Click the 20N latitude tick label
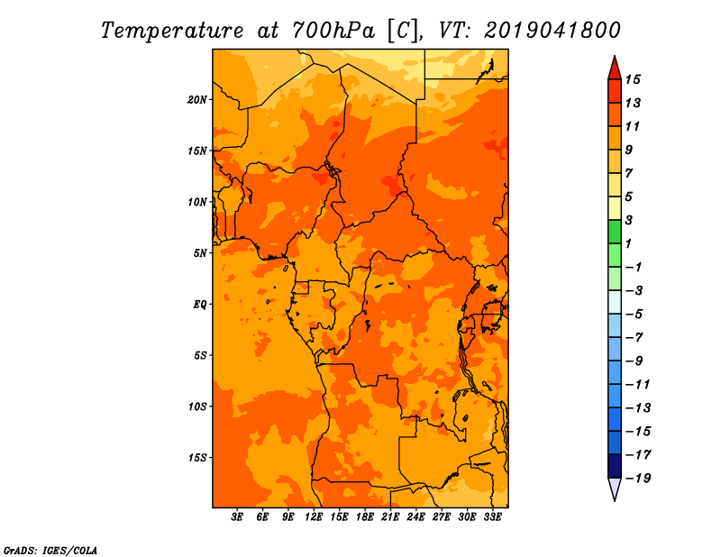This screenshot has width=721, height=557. tap(197, 100)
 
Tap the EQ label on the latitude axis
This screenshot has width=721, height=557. tap(200, 305)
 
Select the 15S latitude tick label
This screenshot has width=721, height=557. tap(197, 458)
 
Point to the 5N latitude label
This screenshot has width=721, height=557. tap(200, 253)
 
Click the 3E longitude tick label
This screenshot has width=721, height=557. tap(237, 516)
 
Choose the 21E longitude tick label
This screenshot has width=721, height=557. tap(390, 516)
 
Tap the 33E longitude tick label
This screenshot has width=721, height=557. tap(492, 516)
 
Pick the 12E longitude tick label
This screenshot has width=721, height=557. tap(314, 516)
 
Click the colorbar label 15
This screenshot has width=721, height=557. tap(633, 79)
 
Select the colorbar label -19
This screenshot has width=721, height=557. tap(638, 479)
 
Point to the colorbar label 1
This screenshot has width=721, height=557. tap(628, 243)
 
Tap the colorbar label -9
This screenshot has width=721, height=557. tap(634, 361)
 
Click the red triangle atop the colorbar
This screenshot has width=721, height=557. tap(615, 69)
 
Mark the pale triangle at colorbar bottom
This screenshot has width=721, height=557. tap(615, 488)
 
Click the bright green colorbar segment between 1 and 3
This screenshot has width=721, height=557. tap(615, 232)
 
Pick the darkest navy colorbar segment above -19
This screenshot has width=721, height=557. tap(615, 466)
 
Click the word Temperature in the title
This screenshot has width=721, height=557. tap(171, 31)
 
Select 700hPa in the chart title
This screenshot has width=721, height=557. tap(333, 31)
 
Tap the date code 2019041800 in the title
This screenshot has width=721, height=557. tap(552, 31)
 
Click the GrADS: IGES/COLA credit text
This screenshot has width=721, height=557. tap(50, 551)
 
